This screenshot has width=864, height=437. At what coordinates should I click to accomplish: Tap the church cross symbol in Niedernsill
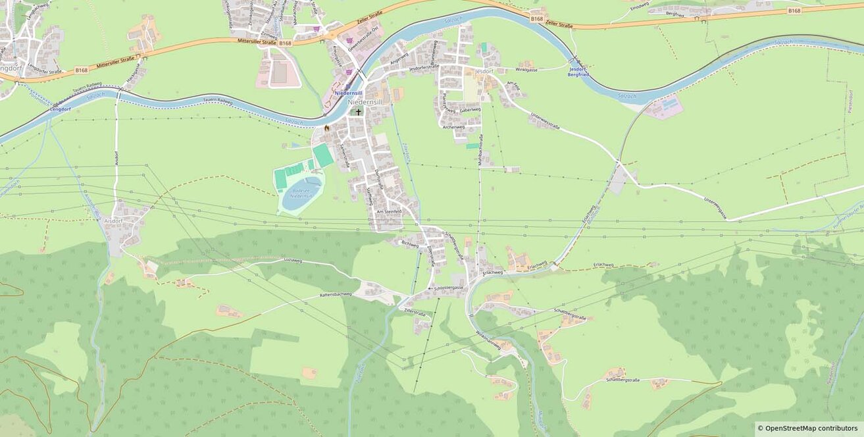359,112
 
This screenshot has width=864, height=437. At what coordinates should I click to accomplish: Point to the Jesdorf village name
484,71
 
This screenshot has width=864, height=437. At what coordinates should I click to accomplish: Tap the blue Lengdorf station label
61,109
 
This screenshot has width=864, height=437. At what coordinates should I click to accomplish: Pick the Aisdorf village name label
113,220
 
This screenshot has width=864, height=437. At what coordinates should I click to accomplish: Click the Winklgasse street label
526,69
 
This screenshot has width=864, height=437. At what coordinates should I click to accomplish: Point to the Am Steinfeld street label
389,211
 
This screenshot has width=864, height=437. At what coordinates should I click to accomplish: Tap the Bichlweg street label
409,244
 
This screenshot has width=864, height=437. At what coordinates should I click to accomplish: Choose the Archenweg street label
454,127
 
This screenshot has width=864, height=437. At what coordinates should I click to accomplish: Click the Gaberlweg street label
470,110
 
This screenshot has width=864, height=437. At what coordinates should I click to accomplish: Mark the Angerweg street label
399,58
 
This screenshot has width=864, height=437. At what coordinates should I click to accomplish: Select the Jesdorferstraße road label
424,67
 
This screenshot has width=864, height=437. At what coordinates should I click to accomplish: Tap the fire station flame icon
326,128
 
